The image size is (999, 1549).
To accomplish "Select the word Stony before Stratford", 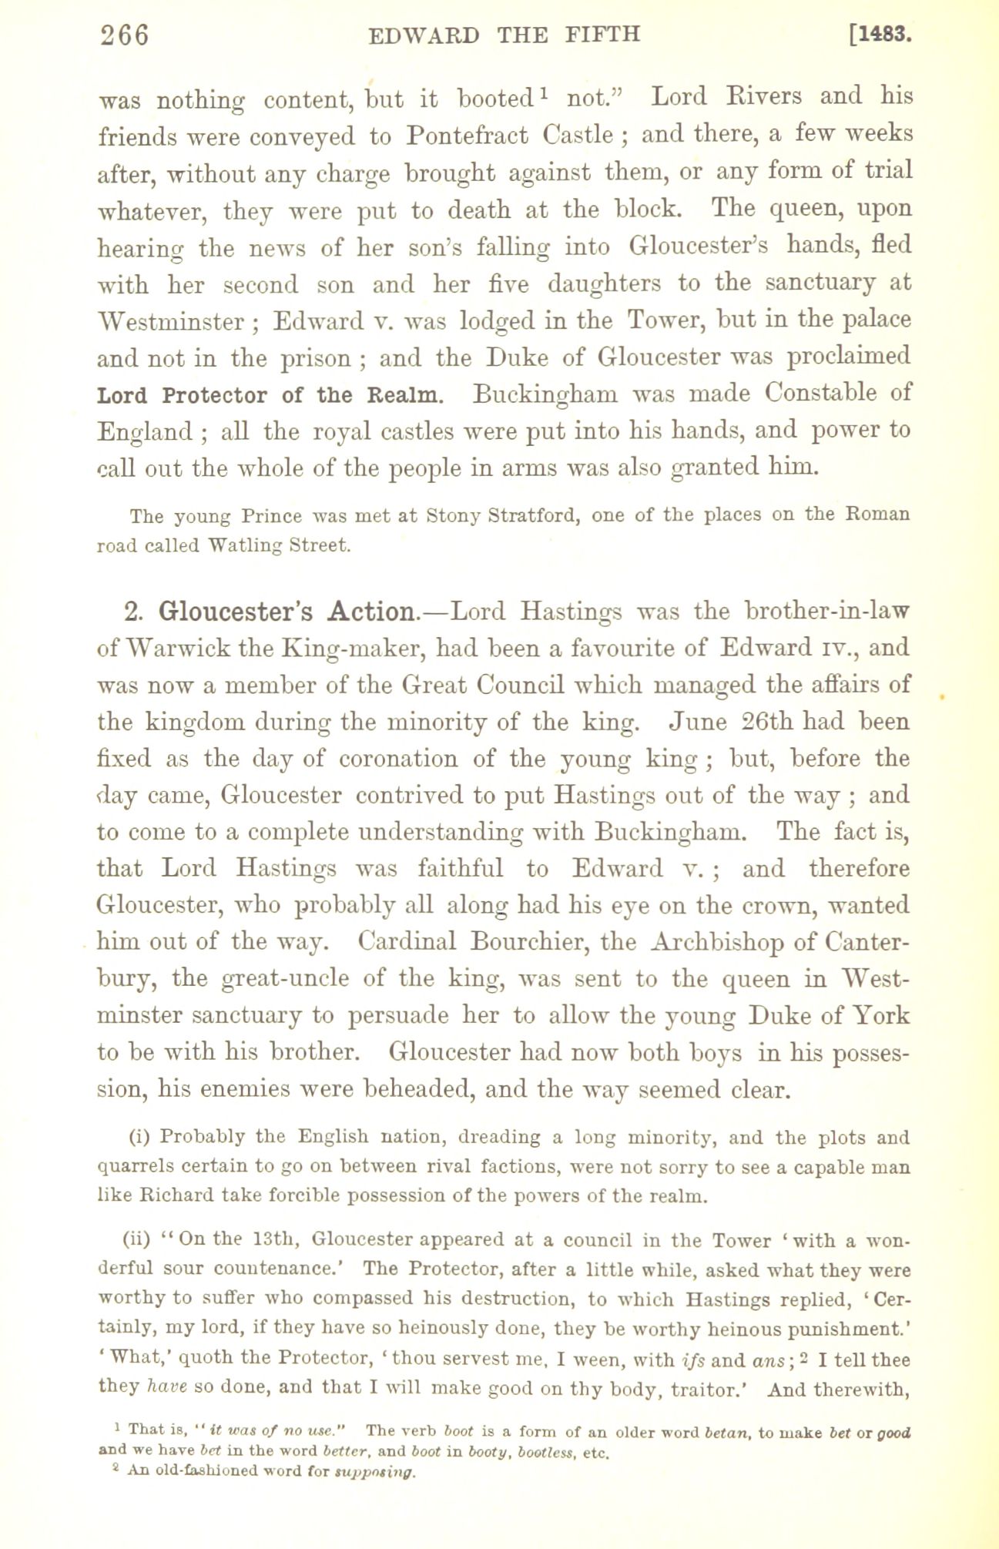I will pos(460,515).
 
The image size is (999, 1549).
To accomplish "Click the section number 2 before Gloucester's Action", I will pos(132,612).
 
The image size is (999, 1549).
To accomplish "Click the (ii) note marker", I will pos(136,1241).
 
